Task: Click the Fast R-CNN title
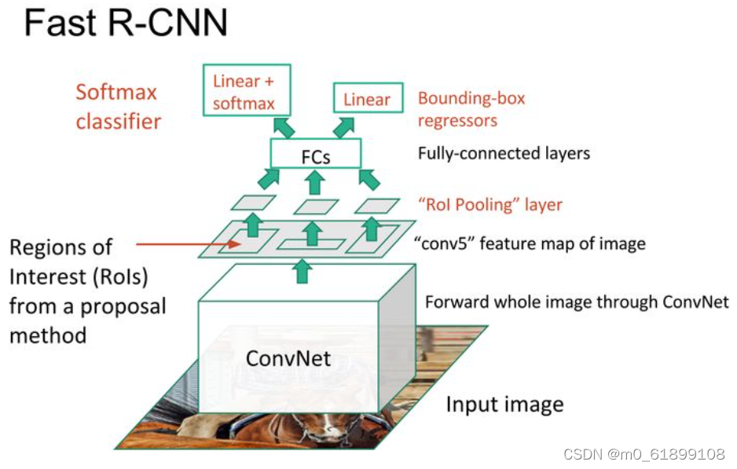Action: (x=126, y=24)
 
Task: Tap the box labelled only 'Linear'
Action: (x=367, y=99)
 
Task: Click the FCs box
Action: (x=315, y=156)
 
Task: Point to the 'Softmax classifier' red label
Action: (x=118, y=107)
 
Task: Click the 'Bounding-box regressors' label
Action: (x=471, y=109)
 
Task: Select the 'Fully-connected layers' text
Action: (x=503, y=153)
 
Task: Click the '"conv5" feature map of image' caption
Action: (x=529, y=244)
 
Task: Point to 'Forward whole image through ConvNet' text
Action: (x=577, y=302)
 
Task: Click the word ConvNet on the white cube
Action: (x=288, y=358)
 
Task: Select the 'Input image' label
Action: (x=504, y=405)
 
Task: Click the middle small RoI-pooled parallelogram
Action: (x=316, y=207)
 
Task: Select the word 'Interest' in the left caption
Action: (x=43, y=277)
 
